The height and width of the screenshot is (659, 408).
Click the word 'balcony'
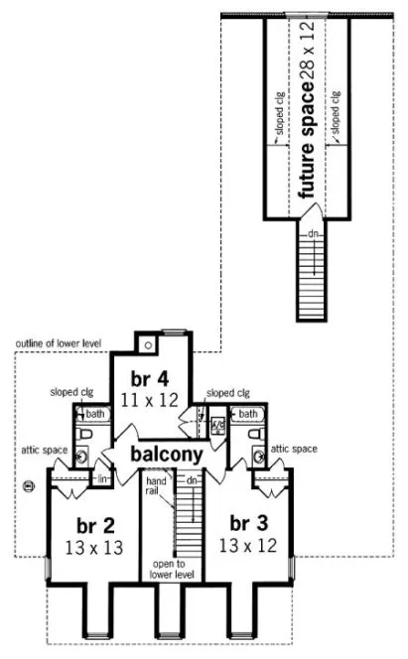[164, 455]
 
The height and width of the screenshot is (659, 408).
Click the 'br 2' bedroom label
[86, 524]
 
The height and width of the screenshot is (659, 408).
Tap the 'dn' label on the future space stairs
[311, 233]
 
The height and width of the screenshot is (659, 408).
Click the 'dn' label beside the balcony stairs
[193, 480]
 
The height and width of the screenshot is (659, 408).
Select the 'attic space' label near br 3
[295, 449]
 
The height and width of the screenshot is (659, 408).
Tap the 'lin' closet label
[101, 479]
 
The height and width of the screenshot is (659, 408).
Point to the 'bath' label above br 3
[248, 413]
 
